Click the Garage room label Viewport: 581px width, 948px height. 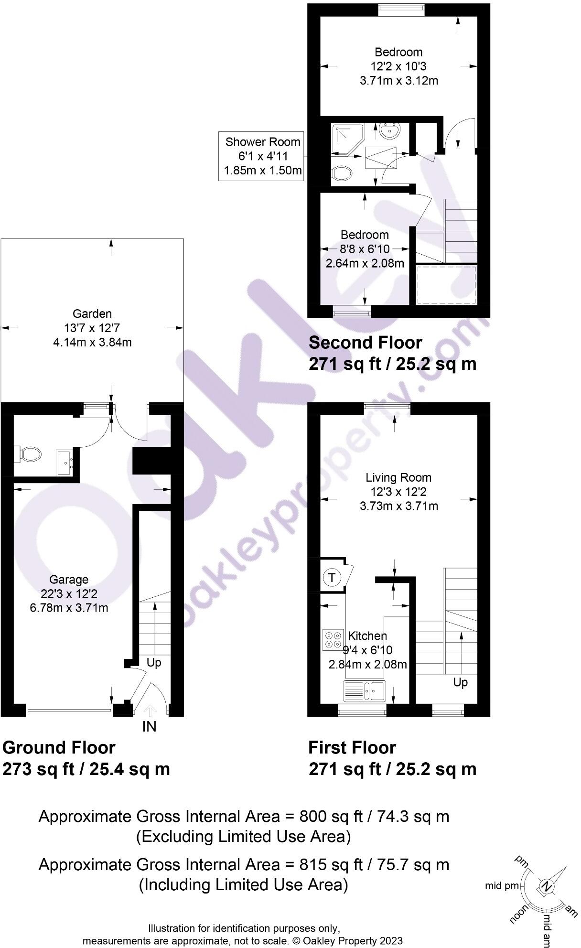coord(69,580)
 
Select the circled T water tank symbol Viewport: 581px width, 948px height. coord(332,577)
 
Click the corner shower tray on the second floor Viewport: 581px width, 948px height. coord(348,138)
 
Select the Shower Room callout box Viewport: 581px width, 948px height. coord(262,156)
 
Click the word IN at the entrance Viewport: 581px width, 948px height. coord(150,727)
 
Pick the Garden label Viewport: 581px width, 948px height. coord(92,314)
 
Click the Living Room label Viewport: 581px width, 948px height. coord(398,477)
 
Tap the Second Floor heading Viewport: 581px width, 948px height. coord(366,343)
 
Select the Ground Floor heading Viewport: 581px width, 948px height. coord(59,747)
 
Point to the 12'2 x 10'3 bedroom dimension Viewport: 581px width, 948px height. coord(398,66)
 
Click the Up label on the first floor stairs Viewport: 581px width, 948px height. coord(460,682)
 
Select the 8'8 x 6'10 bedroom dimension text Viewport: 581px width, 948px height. coord(365,249)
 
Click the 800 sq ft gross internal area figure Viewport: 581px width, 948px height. coord(313,817)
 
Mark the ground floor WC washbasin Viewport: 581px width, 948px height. coord(65,463)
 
